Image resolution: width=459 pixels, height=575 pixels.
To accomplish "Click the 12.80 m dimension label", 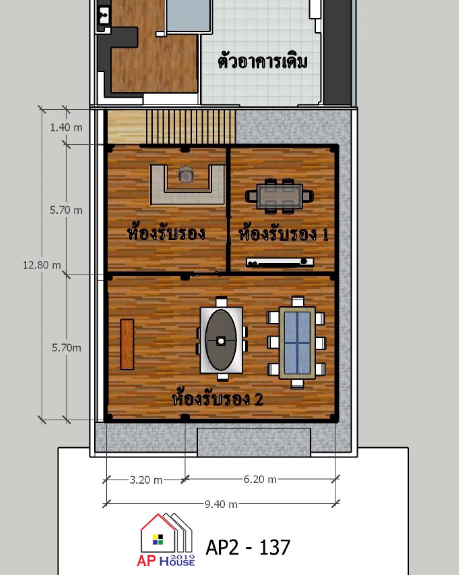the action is [x=42, y=266].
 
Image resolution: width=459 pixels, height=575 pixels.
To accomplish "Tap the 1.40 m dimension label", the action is [x=66, y=128].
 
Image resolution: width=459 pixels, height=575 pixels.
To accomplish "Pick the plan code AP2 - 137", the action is [x=248, y=548].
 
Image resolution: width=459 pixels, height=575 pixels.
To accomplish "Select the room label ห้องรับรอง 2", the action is [x=218, y=399].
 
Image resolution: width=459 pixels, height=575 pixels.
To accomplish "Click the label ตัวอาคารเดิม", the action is [x=263, y=62].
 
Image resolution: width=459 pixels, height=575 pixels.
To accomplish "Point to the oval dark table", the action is [x=221, y=340].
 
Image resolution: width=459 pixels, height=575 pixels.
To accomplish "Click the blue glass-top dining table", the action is [x=297, y=343].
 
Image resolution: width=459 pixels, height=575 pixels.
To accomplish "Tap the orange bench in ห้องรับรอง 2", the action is [x=127, y=344].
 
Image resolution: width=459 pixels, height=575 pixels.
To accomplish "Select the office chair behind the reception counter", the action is [x=184, y=174].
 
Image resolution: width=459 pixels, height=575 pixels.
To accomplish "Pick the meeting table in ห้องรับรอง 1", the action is [x=279, y=196].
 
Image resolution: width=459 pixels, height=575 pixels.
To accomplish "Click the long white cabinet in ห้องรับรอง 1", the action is [x=280, y=262].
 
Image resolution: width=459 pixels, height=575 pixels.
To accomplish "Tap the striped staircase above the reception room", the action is [x=191, y=126].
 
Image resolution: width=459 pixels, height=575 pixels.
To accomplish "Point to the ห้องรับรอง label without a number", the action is [x=166, y=233].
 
